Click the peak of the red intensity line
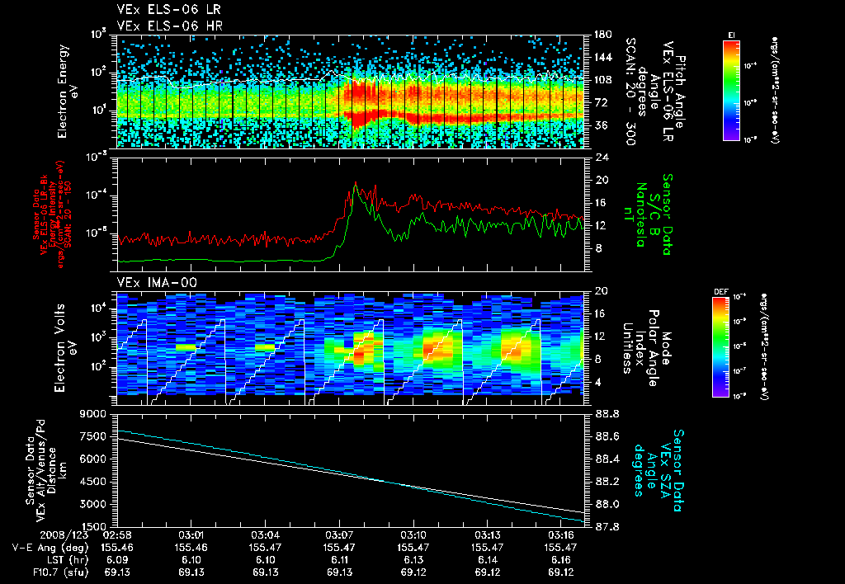tap(356, 182)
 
